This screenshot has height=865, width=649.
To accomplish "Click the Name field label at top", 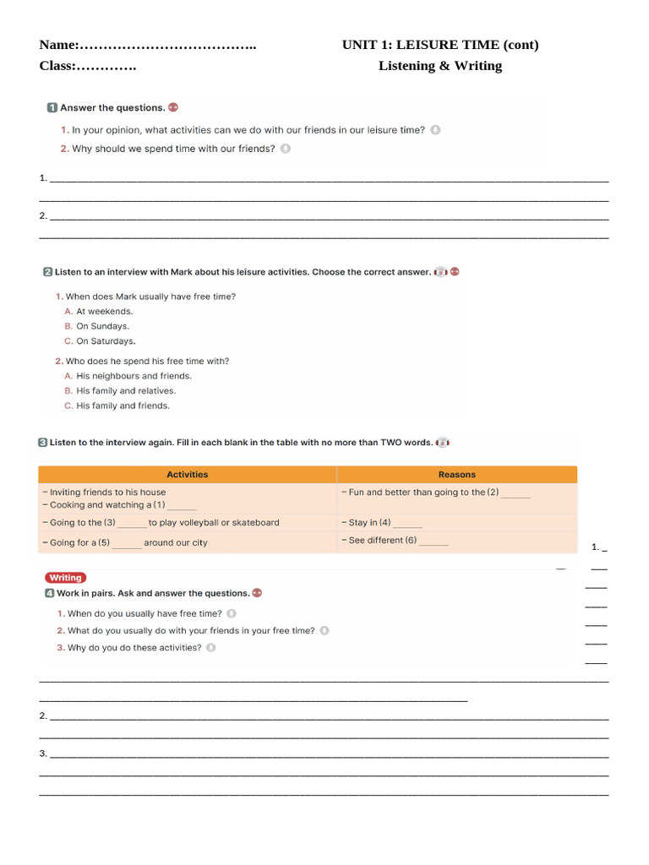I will (59, 45).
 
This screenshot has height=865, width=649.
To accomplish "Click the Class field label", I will (57, 66).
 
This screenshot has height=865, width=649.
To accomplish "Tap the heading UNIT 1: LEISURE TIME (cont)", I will (439, 45).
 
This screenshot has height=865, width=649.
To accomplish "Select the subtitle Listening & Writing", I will (439, 66).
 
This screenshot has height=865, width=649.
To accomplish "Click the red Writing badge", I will (65, 578).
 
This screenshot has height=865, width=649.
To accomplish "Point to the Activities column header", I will (187, 475).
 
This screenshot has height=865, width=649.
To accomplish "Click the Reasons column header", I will (456, 475).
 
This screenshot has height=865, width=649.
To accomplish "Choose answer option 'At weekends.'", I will (104, 312).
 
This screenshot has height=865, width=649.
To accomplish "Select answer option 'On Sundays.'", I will (102, 326).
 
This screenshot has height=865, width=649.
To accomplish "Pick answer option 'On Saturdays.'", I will (106, 341).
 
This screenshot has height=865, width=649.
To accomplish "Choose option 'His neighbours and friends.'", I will (134, 376).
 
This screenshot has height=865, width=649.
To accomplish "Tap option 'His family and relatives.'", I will (126, 391).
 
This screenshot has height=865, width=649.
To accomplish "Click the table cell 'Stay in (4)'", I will (380, 523).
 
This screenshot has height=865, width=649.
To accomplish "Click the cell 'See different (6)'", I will (394, 541).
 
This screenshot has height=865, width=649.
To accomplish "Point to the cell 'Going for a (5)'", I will (123, 543).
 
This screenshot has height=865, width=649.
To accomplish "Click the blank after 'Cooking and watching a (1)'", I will (182, 506).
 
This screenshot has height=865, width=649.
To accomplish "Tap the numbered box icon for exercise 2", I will (47, 272).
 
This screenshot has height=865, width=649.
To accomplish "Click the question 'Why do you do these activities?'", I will (134, 648).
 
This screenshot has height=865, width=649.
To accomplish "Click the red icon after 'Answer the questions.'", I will (173, 107).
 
